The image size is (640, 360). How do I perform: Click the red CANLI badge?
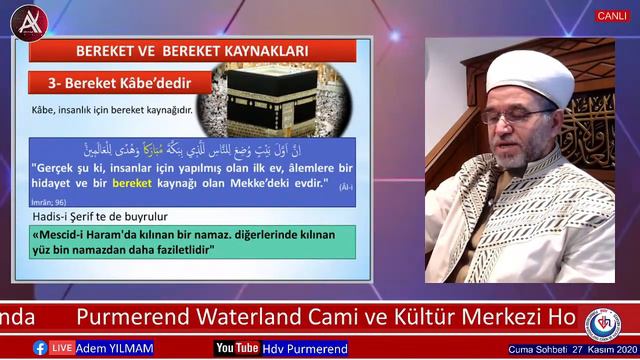coord(612,16)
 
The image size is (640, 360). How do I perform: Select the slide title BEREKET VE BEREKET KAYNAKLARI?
coord(191,50)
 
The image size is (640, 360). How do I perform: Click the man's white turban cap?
coord(530,76)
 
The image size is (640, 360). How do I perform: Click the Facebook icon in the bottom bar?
coord(40,348)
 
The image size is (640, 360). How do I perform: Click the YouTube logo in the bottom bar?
coord(237,348)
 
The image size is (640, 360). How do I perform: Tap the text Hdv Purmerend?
coord(305,348)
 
